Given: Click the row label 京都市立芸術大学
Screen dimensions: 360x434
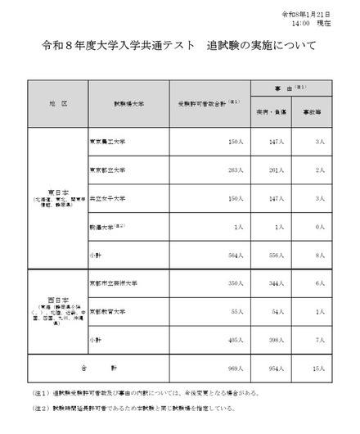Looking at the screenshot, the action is point(111,283).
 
